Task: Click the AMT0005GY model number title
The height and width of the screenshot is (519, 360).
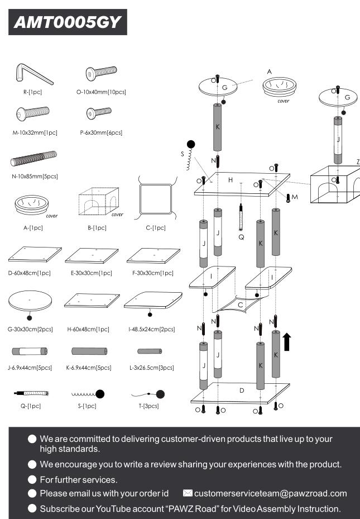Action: pos(68,22)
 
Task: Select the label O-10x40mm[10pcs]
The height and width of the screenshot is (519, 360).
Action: pos(100,92)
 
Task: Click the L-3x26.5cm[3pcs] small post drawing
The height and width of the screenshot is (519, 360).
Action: pos(149,351)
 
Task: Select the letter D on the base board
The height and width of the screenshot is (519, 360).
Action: pos(242,390)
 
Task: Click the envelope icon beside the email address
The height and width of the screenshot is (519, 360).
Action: pos(188,493)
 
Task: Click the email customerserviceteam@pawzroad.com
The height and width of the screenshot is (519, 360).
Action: pos(271,493)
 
